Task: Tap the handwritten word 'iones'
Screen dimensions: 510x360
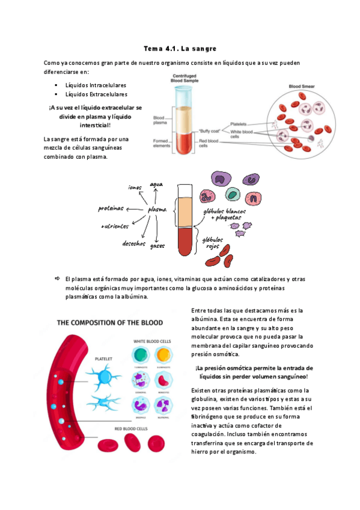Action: tap(133, 187)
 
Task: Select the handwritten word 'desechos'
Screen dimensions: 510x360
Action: tap(133, 244)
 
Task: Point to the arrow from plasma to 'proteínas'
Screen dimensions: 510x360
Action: tap(136, 209)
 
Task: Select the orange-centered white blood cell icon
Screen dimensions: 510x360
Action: tap(163, 354)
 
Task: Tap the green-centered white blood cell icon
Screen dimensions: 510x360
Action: tap(140, 354)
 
